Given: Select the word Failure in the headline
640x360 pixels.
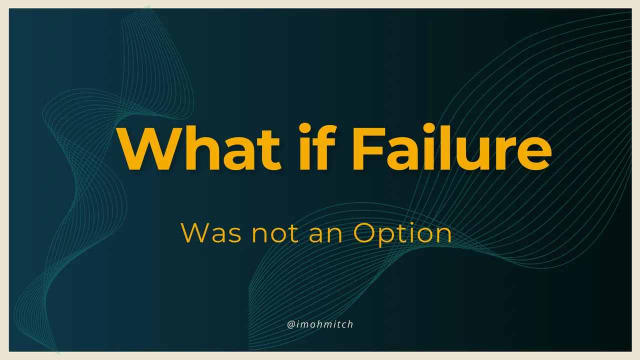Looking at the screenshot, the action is pos(451,147).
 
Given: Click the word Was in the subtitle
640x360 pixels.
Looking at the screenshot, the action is pos(211,233).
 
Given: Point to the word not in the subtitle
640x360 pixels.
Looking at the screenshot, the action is pos(275,234).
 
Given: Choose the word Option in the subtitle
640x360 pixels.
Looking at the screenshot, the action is pos(402,234).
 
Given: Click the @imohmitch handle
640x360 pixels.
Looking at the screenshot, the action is pos(320,324).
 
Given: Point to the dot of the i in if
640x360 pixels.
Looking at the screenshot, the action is pos(304,128).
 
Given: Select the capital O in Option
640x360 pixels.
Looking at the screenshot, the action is pos(365,233).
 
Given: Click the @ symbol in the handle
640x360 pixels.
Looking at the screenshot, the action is pos(291,325).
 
